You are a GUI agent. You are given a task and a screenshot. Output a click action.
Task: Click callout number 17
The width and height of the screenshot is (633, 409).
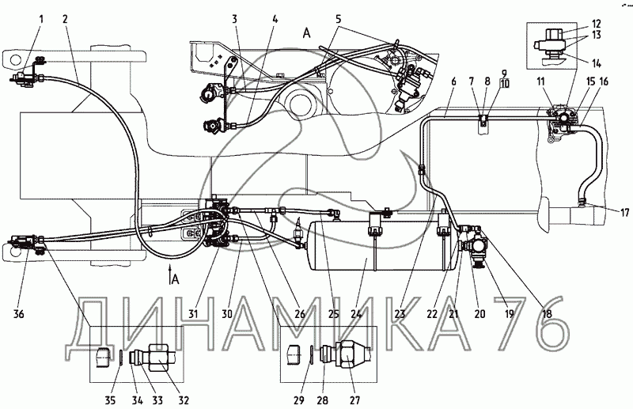(603, 211)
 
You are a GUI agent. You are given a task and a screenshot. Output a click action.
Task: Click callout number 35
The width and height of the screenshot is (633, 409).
(112, 388)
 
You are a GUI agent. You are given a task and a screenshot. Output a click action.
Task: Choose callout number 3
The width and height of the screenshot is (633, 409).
(235, 17)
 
